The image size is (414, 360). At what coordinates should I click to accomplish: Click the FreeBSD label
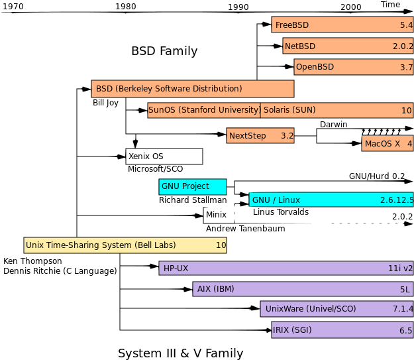click(291, 25)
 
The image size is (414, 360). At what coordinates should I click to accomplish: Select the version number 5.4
click(406, 25)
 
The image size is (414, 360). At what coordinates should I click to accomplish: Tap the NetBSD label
click(300, 46)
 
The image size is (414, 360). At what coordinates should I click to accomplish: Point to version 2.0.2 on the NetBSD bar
click(402, 46)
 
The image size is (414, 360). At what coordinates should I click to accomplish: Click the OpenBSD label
click(315, 68)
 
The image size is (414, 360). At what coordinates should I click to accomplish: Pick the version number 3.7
click(406, 68)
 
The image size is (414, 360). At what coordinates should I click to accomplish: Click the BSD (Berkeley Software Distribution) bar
click(192, 89)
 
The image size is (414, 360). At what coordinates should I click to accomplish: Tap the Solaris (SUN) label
click(289, 110)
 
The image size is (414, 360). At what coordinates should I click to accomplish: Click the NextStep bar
click(260, 136)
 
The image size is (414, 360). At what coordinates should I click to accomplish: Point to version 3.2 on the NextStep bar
click(287, 136)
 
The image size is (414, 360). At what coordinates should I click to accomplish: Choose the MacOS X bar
click(388, 144)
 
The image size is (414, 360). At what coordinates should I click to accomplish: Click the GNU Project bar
click(192, 186)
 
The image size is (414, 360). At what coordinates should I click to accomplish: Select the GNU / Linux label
click(276, 200)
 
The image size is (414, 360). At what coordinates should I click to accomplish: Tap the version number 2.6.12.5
click(396, 200)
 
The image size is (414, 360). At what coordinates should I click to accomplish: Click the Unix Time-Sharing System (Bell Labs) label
click(101, 245)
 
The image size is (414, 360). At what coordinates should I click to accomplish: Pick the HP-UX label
click(176, 269)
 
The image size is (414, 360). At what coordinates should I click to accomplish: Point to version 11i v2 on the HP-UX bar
click(400, 269)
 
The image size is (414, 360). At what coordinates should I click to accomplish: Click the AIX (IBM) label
click(215, 289)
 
